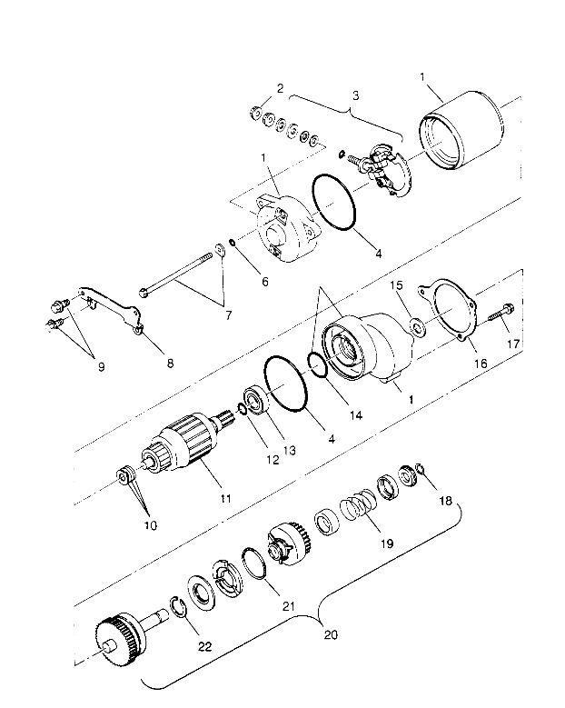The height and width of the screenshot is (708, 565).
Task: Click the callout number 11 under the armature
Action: (225, 498)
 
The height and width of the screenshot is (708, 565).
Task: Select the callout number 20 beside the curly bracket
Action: (331, 634)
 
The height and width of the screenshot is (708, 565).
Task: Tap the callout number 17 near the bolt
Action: (513, 344)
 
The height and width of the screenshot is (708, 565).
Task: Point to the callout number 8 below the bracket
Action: (170, 363)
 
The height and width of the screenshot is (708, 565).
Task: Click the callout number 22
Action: (205, 646)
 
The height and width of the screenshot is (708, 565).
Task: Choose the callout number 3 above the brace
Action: (355, 95)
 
